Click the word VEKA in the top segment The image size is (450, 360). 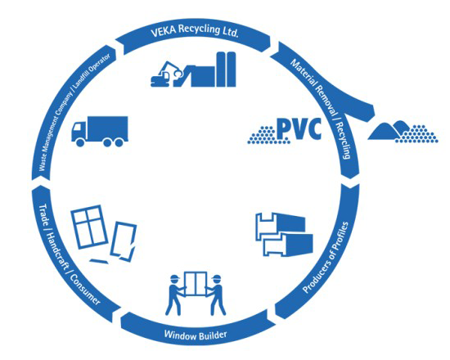tap(163, 31)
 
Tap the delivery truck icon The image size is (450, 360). tap(100, 132)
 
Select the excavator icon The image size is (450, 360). tap(167, 74)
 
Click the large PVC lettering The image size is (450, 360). tap(299, 129)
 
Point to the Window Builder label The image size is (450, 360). tap(196, 335)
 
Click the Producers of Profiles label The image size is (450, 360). tap(326, 258)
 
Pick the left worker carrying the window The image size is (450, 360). tap(175, 295)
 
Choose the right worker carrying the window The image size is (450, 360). tap(218, 295)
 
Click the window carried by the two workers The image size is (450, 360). tap(196, 284)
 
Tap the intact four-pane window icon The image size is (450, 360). tap(89, 227)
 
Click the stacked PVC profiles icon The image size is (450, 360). tap(284, 234)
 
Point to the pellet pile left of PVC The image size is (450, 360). tap(262, 135)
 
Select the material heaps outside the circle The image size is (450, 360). tap(403, 132)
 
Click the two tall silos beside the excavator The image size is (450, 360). tap(226, 70)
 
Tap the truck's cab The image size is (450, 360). tap(79, 132)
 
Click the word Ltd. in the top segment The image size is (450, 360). tap(231, 32)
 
